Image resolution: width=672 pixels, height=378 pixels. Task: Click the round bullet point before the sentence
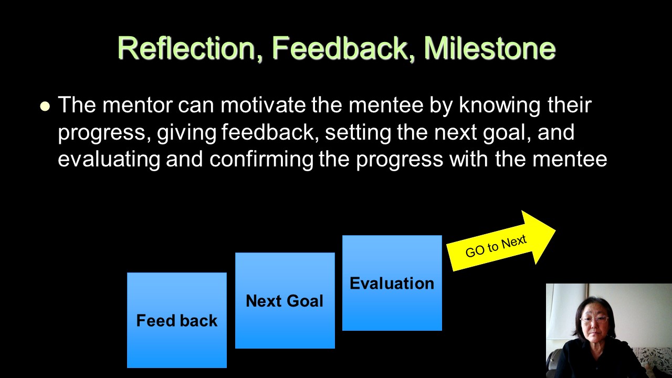(x=45, y=107)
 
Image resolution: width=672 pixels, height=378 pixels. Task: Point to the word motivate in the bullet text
(x=263, y=105)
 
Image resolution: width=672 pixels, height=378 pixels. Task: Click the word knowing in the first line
(x=500, y=106)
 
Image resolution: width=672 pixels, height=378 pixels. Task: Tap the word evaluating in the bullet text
(x=109, y=160)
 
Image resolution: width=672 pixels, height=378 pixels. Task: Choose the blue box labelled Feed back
(x=177, y=320)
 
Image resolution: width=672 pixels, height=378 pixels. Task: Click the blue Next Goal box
(x=285, y=300)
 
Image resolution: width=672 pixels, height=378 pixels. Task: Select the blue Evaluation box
(x=392, y=283)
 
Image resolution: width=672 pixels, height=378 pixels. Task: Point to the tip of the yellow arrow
(x=555, y=230)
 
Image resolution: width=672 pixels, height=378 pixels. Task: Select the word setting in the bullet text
(x=358, y=133)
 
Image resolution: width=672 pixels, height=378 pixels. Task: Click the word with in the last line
(x=469, y=159)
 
